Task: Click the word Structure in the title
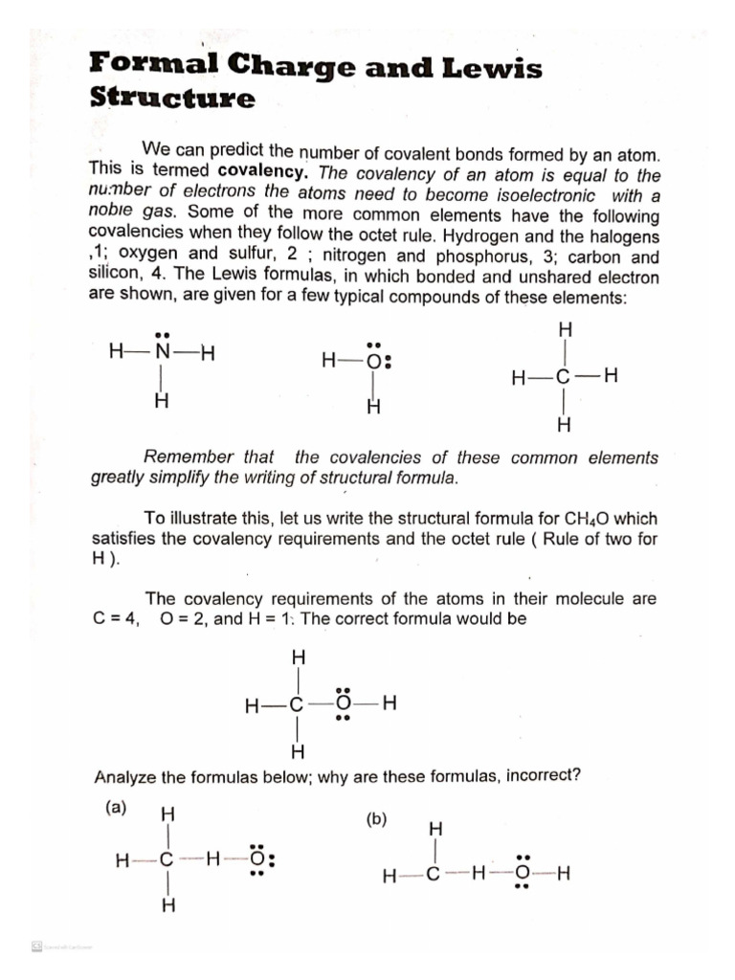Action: (172, 100)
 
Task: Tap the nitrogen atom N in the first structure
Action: (163, 352)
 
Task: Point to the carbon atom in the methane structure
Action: (564, 376)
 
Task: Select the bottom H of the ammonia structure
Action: (162, 402)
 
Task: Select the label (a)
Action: (116, 807)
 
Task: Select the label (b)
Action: (376, 820)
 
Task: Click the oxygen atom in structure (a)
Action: (257, 859)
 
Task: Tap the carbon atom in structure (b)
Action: (434, 875)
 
